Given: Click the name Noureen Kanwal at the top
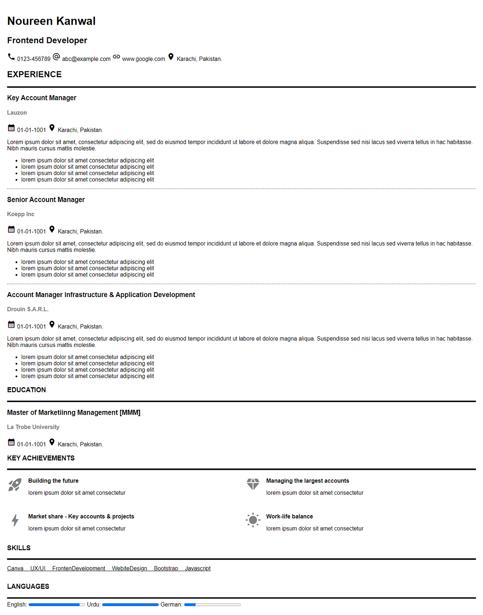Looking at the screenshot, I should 51,21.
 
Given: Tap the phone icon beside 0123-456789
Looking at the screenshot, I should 11,57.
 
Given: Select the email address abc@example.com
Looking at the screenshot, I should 86,59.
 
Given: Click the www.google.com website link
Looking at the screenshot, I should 143,59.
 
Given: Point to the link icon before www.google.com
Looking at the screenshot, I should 116,57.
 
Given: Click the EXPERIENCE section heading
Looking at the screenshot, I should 34,74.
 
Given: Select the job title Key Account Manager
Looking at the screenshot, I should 41,98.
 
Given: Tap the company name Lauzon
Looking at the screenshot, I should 17,113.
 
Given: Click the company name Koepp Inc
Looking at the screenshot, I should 21,214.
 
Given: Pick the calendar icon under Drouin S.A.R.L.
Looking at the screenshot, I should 11,324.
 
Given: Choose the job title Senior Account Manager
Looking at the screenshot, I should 46,200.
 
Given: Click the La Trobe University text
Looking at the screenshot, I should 33,427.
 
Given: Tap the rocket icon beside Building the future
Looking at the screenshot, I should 15,485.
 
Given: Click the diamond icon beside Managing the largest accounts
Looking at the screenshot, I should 253,484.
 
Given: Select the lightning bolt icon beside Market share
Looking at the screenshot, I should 15,520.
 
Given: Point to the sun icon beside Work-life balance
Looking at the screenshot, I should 253,520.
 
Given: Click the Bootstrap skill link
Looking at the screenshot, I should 166,568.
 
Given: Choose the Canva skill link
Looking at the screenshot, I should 15,568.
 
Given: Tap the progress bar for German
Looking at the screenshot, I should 213,605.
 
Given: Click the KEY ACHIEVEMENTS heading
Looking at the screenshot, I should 41,458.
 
